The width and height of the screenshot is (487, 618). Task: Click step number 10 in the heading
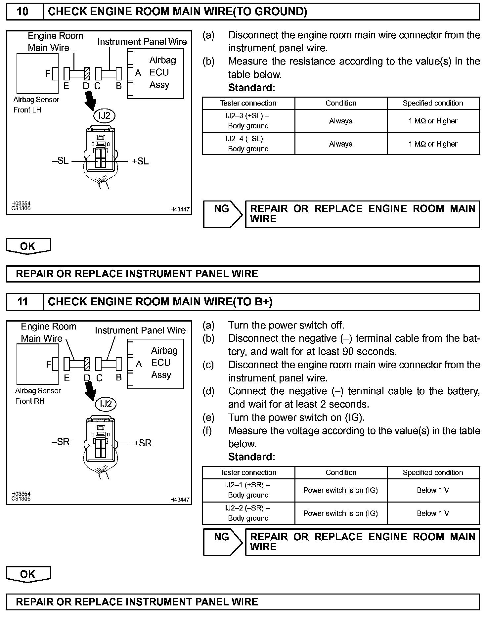point(22,12)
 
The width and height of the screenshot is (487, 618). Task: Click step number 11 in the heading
point(22,302)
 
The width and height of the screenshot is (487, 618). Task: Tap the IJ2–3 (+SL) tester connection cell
point(248,121)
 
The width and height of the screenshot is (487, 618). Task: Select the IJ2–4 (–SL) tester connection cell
point(248,144)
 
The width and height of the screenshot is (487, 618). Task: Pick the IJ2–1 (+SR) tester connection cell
point(248,490)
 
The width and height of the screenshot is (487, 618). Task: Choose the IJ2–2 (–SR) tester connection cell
point(248,513)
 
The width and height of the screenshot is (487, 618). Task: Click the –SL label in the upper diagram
point(61,161)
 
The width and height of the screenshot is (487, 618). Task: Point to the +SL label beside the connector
point(140,161)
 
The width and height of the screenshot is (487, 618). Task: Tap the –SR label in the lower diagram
point(61,442)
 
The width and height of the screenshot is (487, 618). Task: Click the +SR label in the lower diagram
point(143,443)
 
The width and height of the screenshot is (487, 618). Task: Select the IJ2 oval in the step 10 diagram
point(105,115)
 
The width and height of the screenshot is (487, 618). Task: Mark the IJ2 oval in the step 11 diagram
point(106,404)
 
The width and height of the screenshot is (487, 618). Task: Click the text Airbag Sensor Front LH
point(36,105)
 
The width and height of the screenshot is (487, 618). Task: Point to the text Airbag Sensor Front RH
point(38,396)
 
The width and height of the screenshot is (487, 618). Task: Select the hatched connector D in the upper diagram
point(87,73)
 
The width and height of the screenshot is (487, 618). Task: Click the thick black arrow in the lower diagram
point(90,391)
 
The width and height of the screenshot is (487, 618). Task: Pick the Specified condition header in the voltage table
point(433,472)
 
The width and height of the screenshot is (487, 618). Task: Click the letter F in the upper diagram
point(48,73)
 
